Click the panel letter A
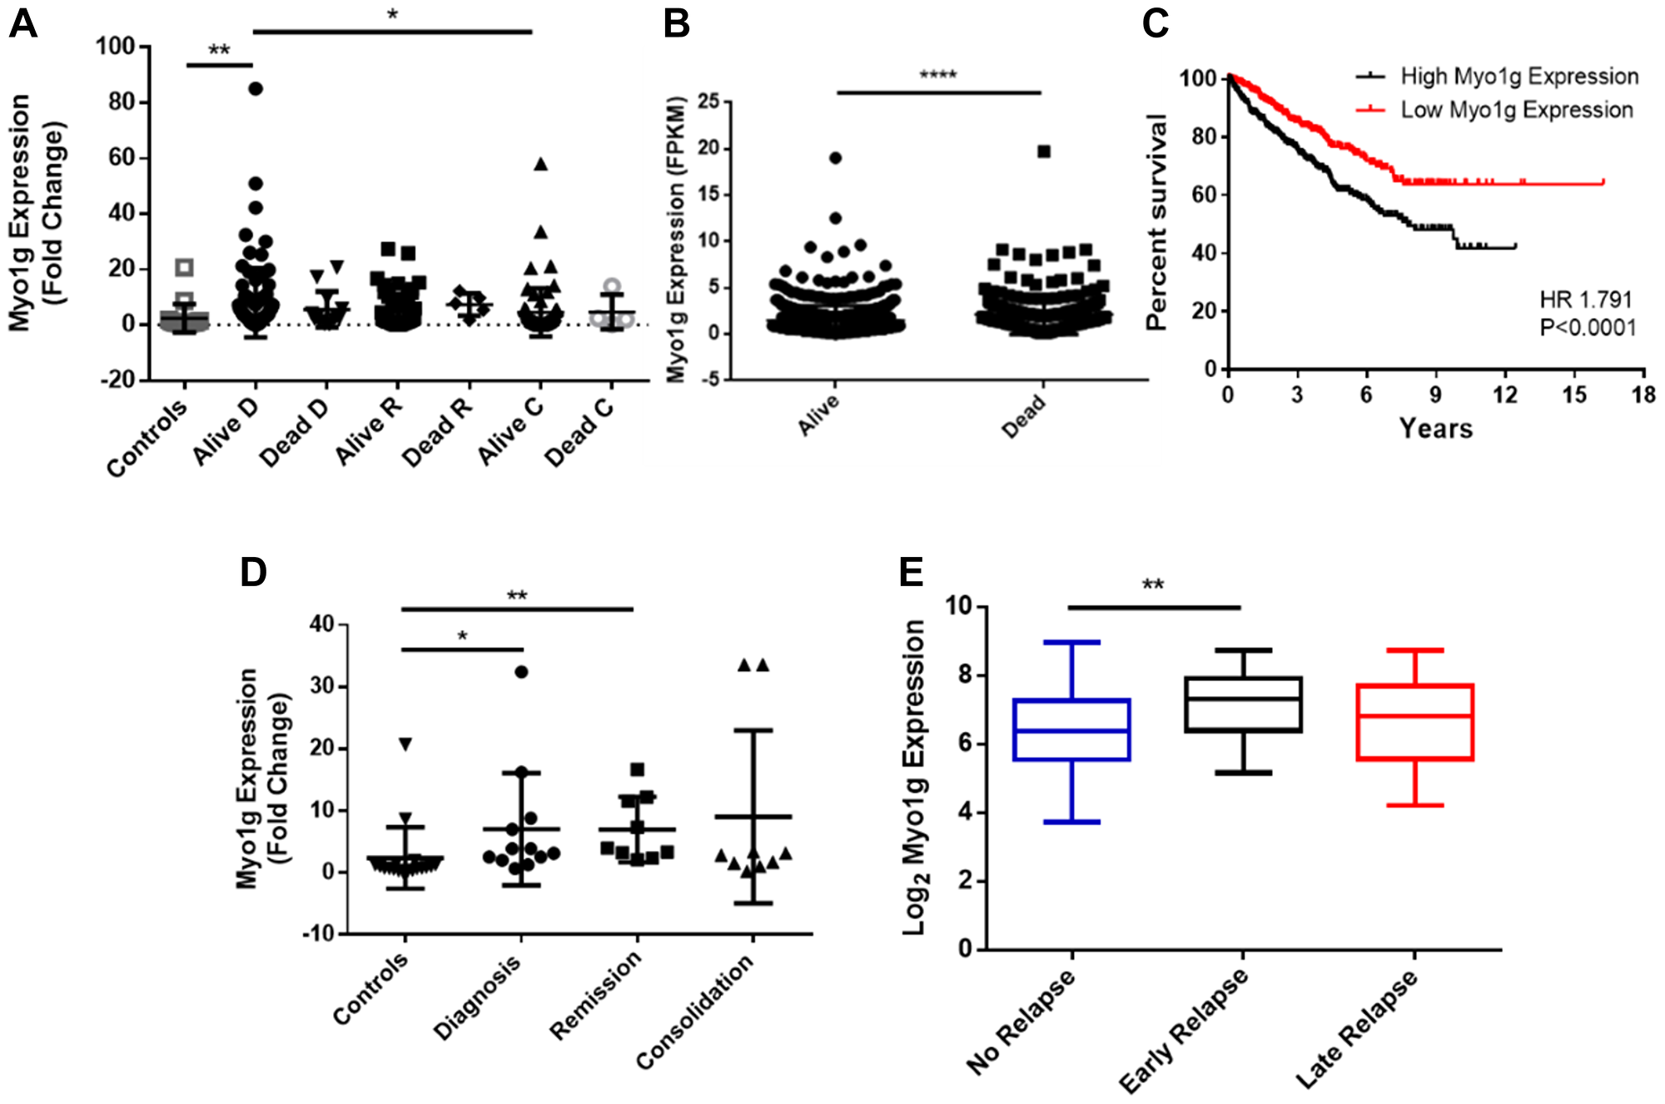[x=23, y=23]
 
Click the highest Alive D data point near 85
[x=256, y=88]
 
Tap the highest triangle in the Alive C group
[x=540, y=164]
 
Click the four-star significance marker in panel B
[x=937, y=76]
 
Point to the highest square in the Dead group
[x=1044, y=152]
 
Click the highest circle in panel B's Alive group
[x=835, y=157]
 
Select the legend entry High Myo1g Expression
[x=1518, y=77]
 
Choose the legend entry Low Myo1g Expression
[x=1516, y=110]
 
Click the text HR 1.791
[x=1585, y=300]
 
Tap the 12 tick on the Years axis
[x=1504, y=395]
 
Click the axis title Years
[x=1435, y=429]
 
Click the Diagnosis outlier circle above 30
[x=521, y=672]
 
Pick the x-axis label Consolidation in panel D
[x=695, y=1012]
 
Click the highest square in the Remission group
[x=637, y=769]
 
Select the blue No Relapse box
[x=1071, y=729]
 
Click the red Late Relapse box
[x=1414, y=722]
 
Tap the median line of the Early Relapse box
[x=1243, y=699]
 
